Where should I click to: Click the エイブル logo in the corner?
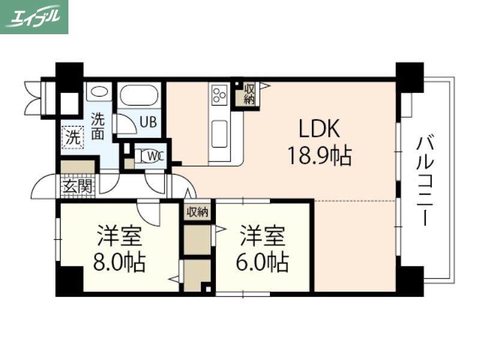pyautogui.click(x=34, y=16)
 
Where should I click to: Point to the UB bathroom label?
pyautogui.click(x=148, y=121)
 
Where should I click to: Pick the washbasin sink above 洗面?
pyautogui.click(x=99, y=92)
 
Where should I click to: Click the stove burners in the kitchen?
pyautogui.click(x=218, y=94)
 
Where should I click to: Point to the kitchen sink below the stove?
pyautogui.click(x=219, y=133)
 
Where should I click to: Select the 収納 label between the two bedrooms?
pyautogui.click(x=197, y=211)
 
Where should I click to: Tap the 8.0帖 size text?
pyautogui.click(x=119, y=263)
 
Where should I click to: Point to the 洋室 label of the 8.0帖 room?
pyautogui.click(x=119, y=236)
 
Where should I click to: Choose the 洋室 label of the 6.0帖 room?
pyautogui.click(x=262, y=236)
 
